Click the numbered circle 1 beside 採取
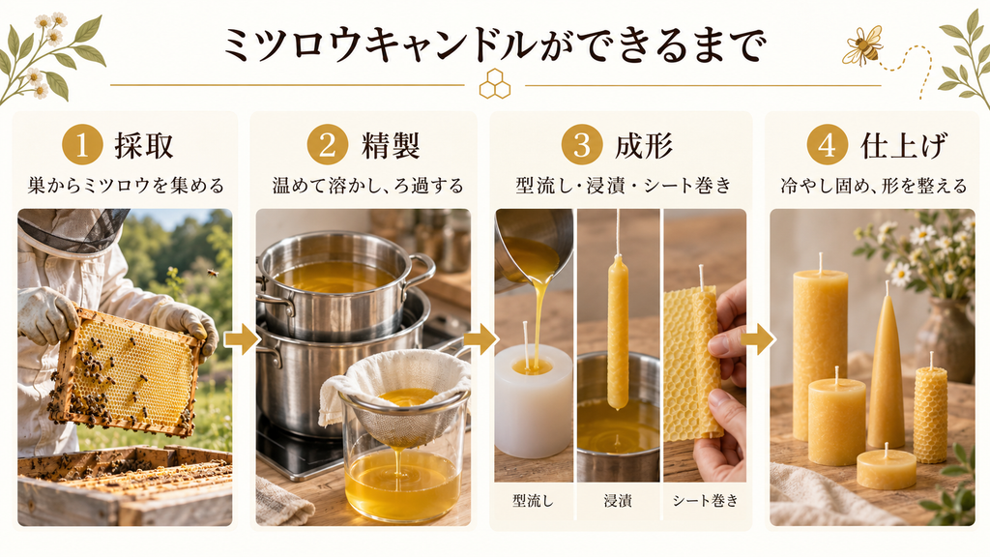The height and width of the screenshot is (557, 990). tap(82, 145)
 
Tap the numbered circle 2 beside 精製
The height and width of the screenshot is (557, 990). tap(327, 145)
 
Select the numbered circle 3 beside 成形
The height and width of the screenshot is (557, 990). tap(581, 145)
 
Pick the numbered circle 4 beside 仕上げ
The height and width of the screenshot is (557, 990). tap(828, 145)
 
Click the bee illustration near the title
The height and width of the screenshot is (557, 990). tap(861, 45)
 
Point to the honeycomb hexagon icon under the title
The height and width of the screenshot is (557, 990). tap(495, 84)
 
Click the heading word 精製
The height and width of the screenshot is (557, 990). tap(391, 145)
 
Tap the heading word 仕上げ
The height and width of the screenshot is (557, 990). tap(904, 145)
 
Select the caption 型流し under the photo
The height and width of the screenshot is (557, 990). tap(533, 501)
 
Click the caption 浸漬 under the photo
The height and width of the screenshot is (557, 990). tap(618, 501)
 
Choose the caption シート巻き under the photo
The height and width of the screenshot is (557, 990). tap(705, 501)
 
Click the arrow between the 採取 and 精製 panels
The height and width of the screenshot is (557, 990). tap(242, 339)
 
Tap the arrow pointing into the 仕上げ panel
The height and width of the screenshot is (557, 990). tap(757, 339)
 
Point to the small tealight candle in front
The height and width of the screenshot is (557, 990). tap(887, 469)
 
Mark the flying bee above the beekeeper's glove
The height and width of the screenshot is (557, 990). tap(213, 274)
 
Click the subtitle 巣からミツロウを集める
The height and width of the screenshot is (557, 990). tap(126, 186)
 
